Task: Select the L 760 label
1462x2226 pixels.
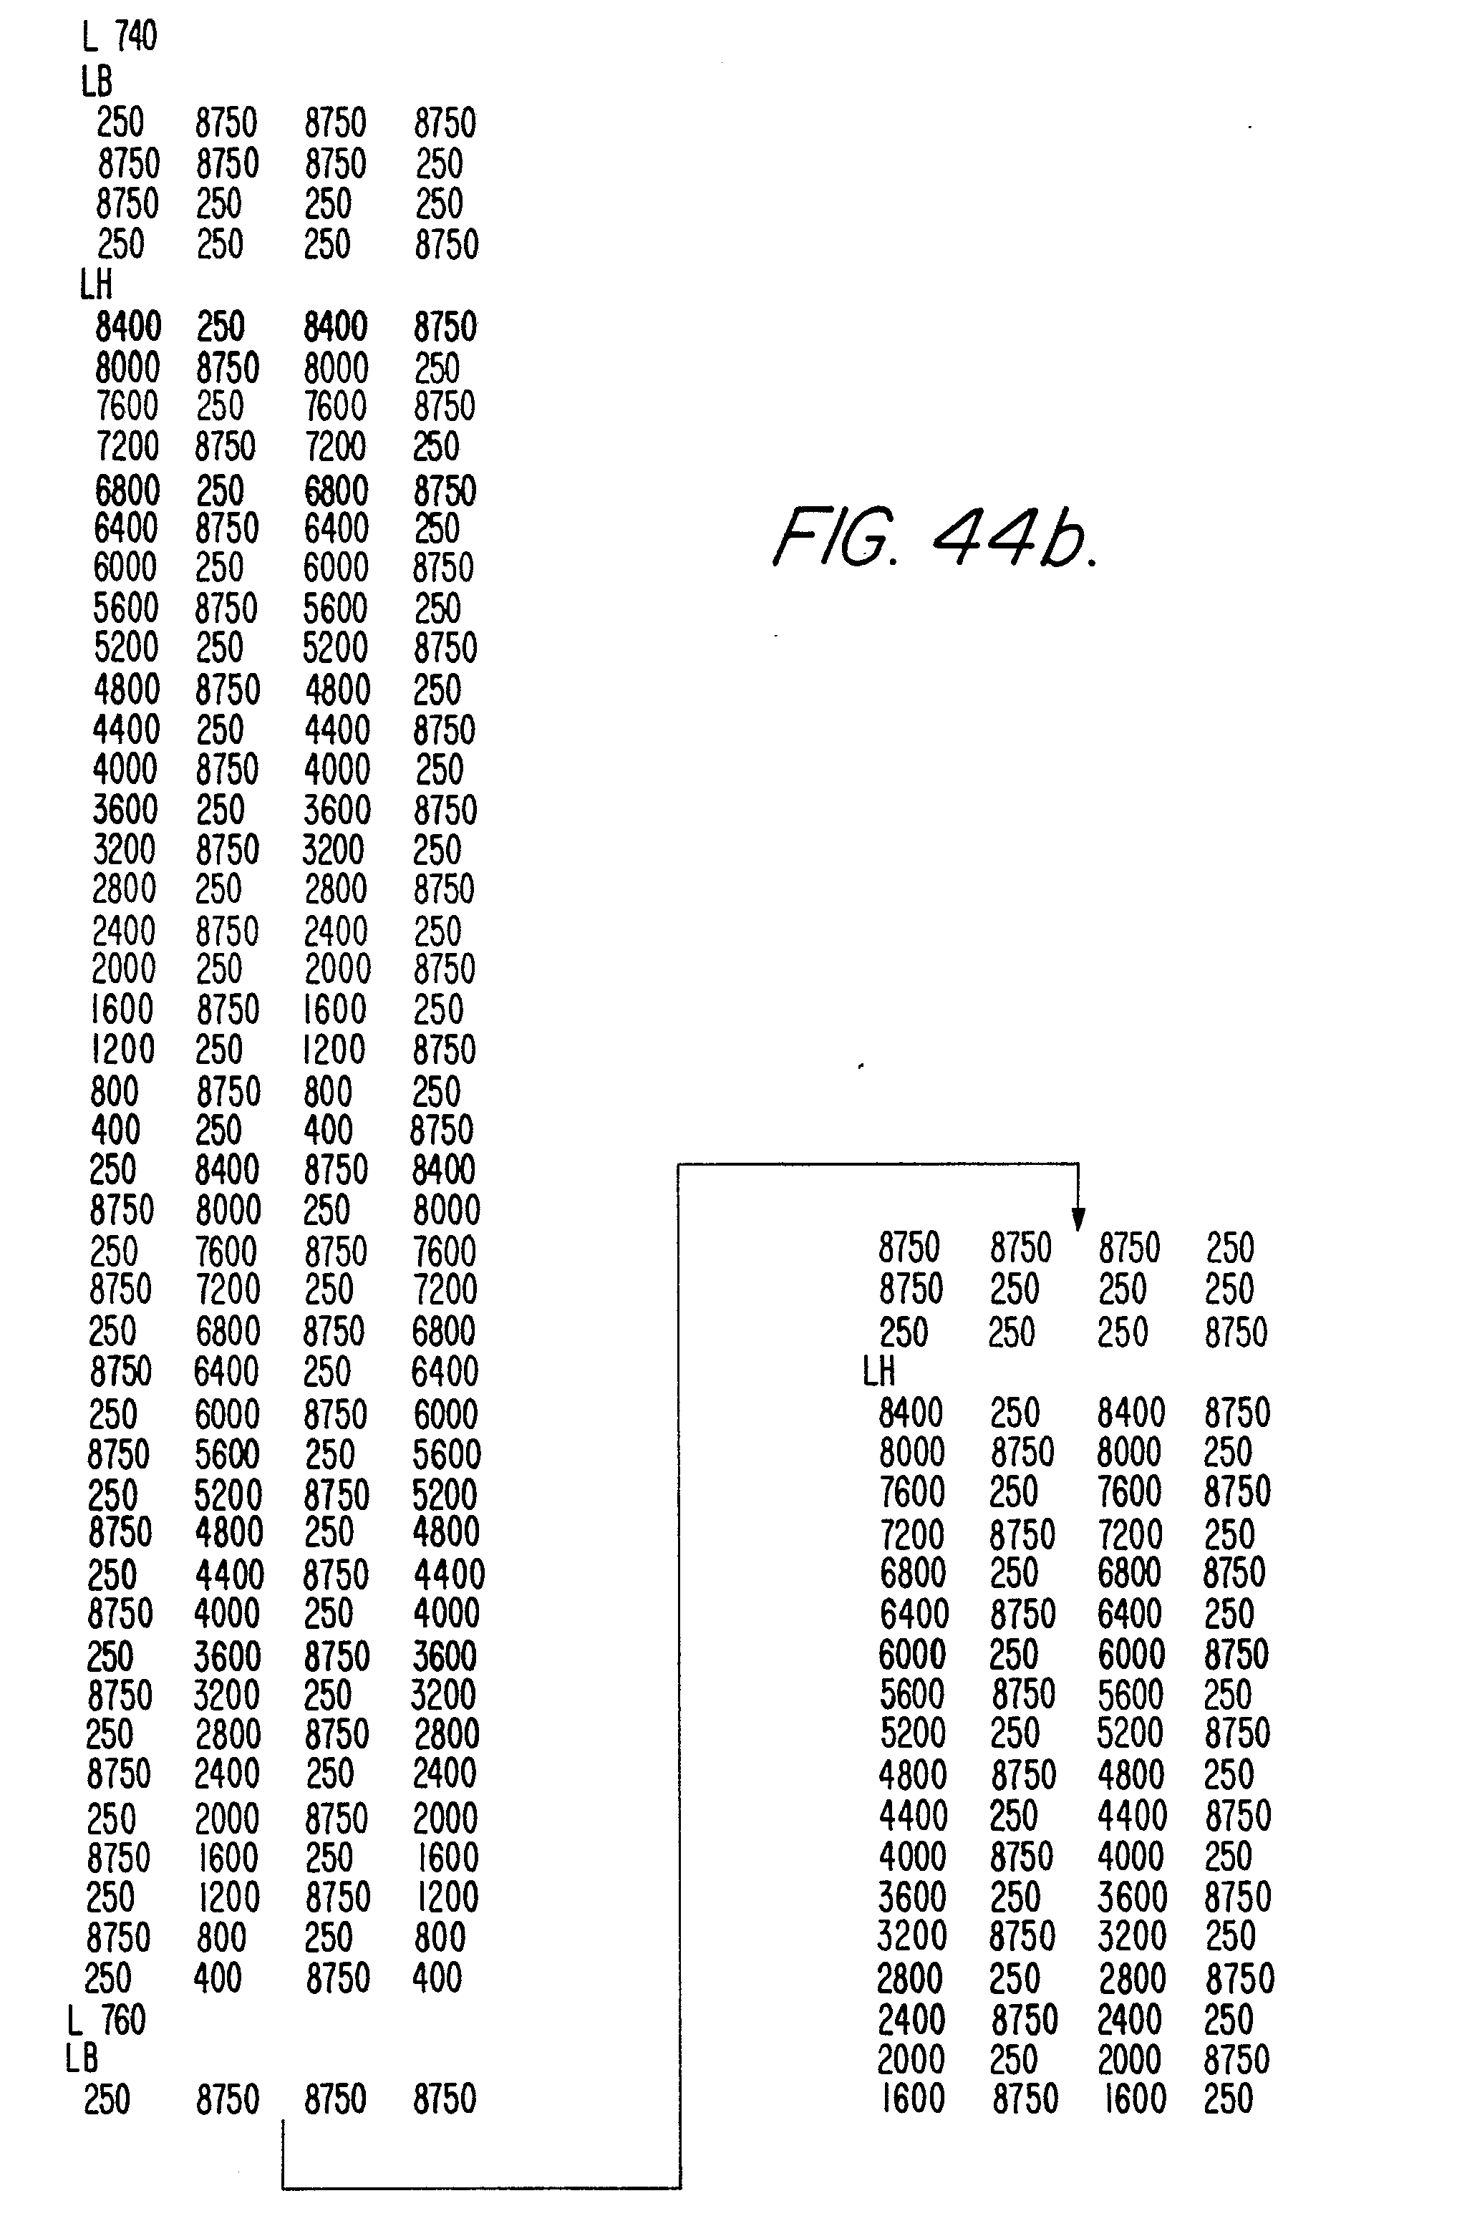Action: (107, 2021)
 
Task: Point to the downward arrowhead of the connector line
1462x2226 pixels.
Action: (1078, 1219)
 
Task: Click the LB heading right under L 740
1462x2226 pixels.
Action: (97, 82)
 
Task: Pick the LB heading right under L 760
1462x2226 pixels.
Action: (82, 2058)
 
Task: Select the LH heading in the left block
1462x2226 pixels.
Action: (97, 285)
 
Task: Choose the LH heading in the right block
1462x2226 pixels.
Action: (878, 1372)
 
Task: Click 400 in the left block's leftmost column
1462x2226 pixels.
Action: (115, 1131)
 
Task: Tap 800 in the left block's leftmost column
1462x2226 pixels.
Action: (114, 1091)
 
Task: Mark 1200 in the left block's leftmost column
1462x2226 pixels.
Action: (122, 1050)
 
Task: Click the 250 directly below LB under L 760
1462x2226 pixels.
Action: (107, 2100)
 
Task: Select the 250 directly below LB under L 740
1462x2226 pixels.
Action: (121, 122)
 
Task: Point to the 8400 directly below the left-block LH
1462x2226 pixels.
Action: (128, 327)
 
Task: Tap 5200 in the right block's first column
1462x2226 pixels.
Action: (912, 1733)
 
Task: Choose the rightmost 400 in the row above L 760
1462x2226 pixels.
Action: (437, 1978)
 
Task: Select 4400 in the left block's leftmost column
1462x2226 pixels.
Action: (126, 730)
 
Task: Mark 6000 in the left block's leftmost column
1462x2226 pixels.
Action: (125, 568)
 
